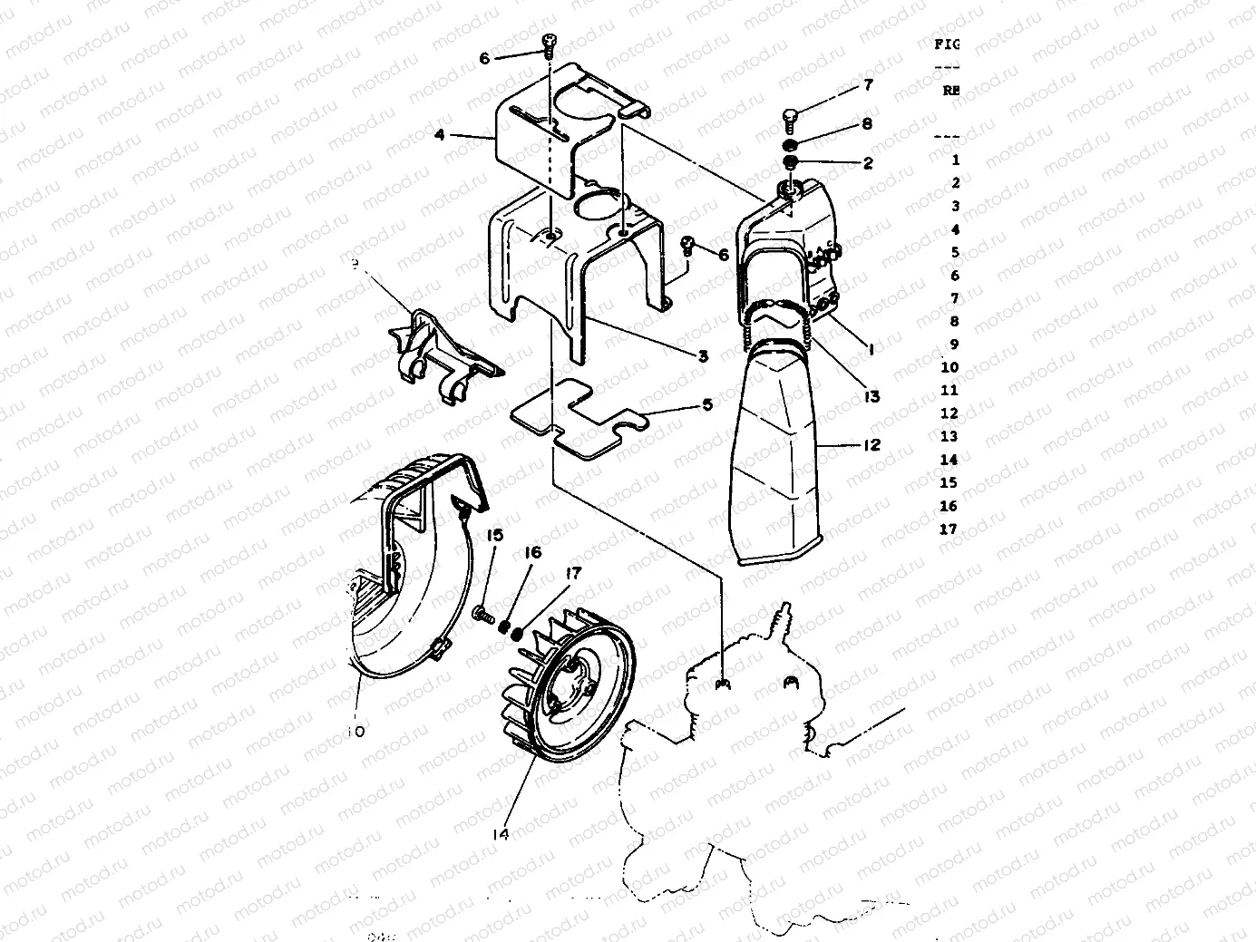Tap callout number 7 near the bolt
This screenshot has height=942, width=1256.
[868, 85]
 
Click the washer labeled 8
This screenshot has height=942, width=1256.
[791, 145]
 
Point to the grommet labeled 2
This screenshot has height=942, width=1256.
[791, 163]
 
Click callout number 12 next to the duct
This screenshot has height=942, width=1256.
[871, 445]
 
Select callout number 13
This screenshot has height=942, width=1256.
[871, 396]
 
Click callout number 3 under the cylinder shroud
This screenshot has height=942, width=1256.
[703, 356]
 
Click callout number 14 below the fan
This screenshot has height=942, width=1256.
[501, 832]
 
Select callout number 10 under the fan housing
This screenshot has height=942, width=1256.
[355, 731]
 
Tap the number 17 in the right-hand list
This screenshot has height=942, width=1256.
[949, 529]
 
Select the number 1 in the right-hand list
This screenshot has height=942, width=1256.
[956, 160]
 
